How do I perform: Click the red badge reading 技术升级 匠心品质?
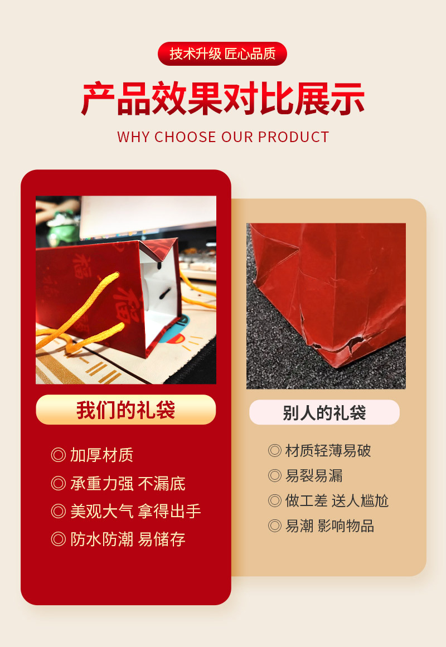pos(222,53)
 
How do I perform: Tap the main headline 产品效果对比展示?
pos(223,100)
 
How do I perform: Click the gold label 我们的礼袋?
pos(126,410)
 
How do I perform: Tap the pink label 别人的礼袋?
pos(324,413)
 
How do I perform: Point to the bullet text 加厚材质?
pos(101,455)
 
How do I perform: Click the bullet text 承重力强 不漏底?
pos(128,483)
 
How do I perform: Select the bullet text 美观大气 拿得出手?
pos(135,511)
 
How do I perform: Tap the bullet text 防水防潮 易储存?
pos(128,539)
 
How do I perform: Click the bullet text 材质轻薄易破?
pos(328,450)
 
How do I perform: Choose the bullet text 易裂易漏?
pos(314,475)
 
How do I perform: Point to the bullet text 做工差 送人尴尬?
pos(337,500)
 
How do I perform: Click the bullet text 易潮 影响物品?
pos(329,526)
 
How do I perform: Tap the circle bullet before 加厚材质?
pos(59,455)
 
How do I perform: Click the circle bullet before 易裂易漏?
pos(274,475)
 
